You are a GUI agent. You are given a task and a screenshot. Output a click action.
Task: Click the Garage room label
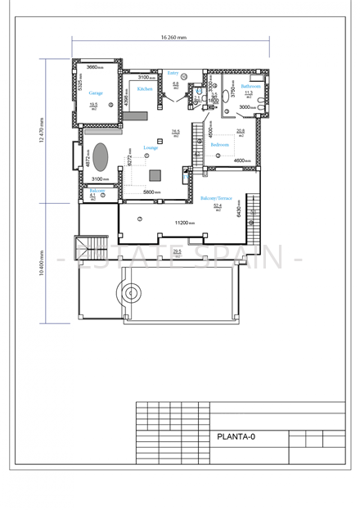point(95,93)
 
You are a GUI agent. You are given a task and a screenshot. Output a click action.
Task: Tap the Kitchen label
point(145,88)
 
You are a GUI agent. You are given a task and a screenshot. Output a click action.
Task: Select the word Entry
point(173,73)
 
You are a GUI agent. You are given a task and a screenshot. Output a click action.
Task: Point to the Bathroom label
point(250,86)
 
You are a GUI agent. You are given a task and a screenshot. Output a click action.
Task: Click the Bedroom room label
point(220,144)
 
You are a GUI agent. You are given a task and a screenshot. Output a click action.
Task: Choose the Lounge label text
point(151,148)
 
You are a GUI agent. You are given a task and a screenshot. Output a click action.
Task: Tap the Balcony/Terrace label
point(216,198)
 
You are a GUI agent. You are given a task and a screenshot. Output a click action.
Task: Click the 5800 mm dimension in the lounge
point(152,192)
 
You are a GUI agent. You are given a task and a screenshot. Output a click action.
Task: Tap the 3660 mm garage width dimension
point(96,66)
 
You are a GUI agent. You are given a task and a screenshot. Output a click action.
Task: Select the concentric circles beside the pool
point(130,291)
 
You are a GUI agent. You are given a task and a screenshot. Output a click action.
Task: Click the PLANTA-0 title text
point(236,437)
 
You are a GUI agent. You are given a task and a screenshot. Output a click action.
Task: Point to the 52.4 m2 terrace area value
point(218,206)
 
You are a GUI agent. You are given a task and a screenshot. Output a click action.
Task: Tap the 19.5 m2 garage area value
point(93,105)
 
